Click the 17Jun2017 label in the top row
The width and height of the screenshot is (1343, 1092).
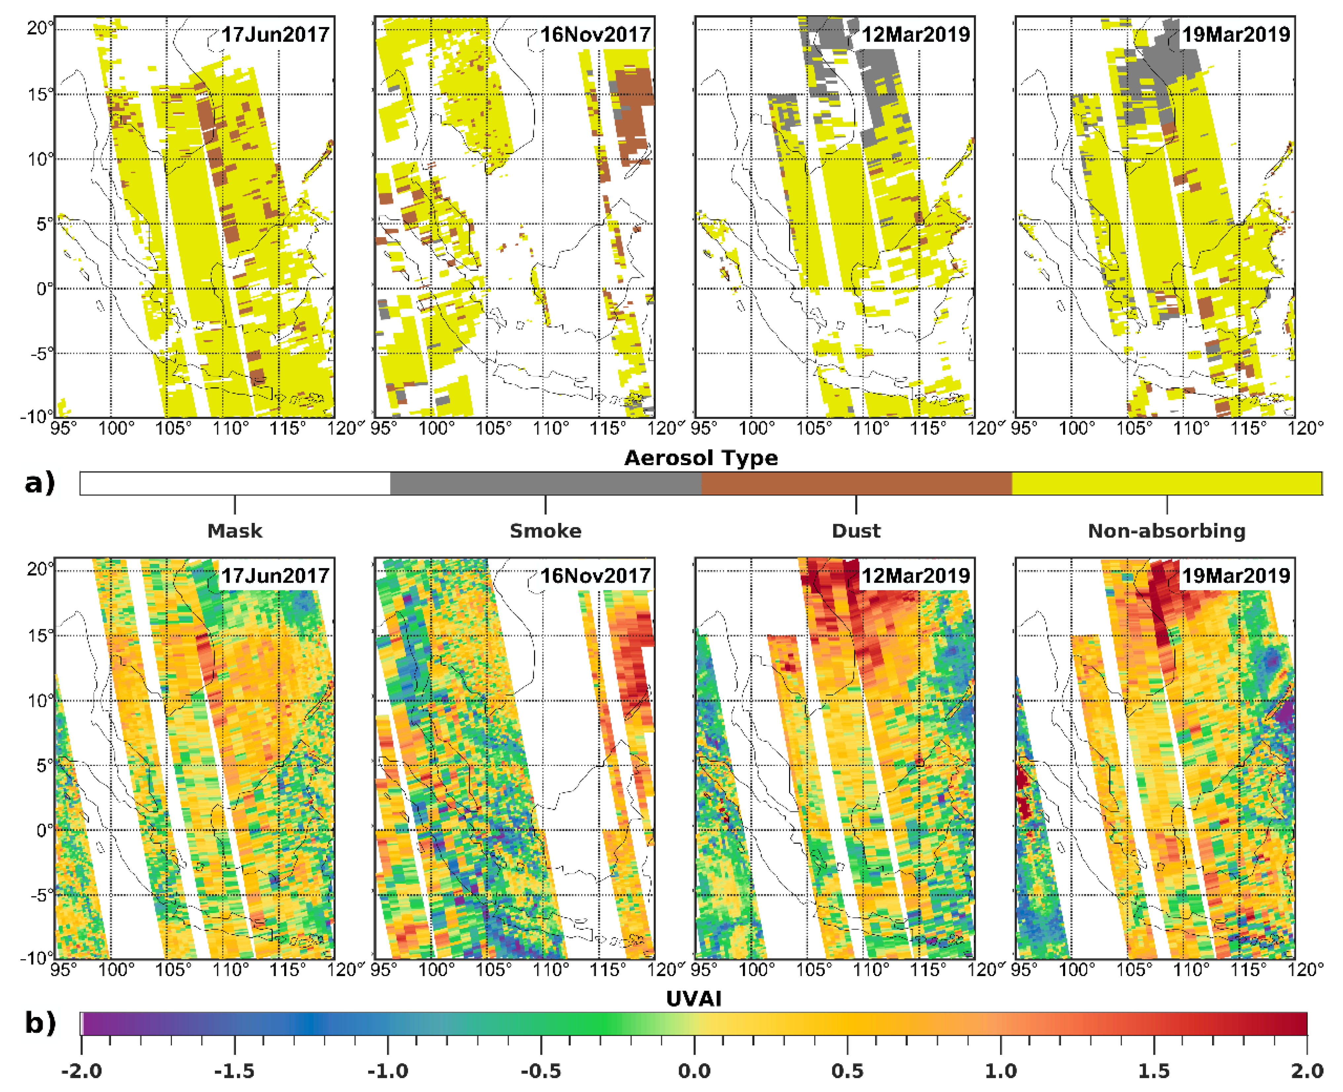click(x=275, y=34)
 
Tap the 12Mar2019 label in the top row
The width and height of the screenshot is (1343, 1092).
click(x=916, y=34)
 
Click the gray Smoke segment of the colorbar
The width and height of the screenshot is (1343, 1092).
click(x=545, y=484)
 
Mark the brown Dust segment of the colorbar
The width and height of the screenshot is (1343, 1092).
click(x=856, y=484)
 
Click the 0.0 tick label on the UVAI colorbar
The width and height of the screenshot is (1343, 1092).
click(x=694, y=1071)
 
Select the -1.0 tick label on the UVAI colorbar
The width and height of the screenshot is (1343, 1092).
click(x=388, y=1071)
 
